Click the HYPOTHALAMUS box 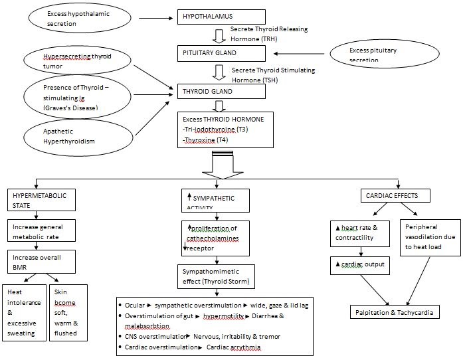(x=221, y=17)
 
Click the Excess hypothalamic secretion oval (x=72, y=19)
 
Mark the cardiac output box (x=359, y=266)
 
